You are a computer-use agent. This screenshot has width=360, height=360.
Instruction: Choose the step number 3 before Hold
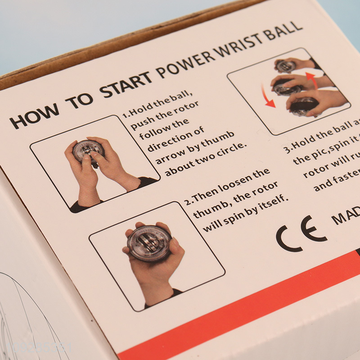pos(287,149)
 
